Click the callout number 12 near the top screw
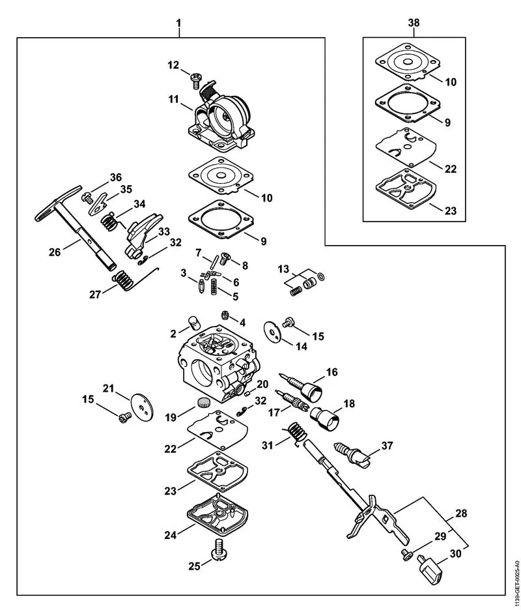(x=173, y=65)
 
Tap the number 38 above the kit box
(x=414, y=23)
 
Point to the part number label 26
(x=57, y=250)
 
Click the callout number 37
(x=387, y=446)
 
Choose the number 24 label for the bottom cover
(x=171, y=535)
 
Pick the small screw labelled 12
(x=195, y=80)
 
